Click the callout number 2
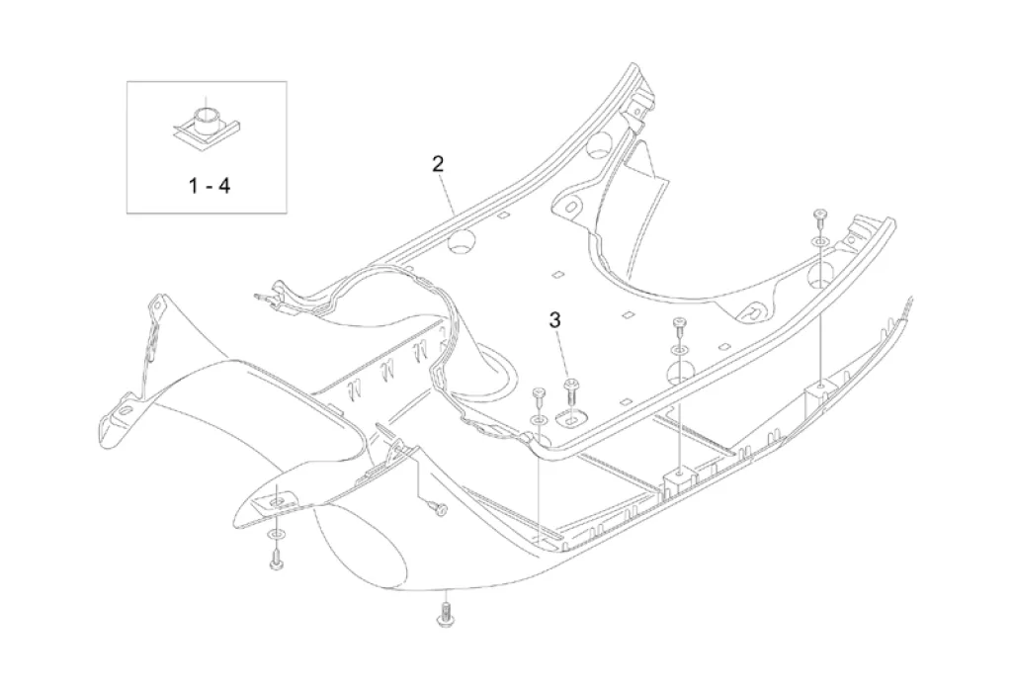438,164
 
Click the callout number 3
555,319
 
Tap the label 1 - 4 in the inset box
210,186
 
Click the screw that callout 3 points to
570,393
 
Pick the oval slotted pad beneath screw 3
571,418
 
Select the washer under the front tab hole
275,536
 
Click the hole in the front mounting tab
279,502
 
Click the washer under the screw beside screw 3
539,421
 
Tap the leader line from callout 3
563,356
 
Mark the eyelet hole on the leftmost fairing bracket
123,412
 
